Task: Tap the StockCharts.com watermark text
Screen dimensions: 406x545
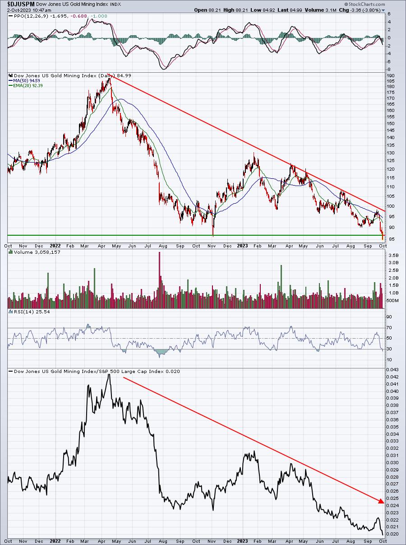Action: click(364, 4)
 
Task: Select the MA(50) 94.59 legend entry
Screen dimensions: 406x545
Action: click(24, 81)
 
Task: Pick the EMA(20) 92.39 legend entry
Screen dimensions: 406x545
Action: click(26, 86)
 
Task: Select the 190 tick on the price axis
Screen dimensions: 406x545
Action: click(391, 76)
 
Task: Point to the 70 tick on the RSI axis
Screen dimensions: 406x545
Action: click(389, 328)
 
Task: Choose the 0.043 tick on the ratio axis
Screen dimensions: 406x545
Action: click(392, 370)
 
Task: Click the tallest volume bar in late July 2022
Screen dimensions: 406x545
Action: click(160, 280)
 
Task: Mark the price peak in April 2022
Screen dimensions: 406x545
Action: click(109, 79)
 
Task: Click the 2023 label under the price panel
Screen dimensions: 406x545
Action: click(242, 246)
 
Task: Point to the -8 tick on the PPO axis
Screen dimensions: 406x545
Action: click(389, 69)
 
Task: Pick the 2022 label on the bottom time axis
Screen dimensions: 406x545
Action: click(55, 541)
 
